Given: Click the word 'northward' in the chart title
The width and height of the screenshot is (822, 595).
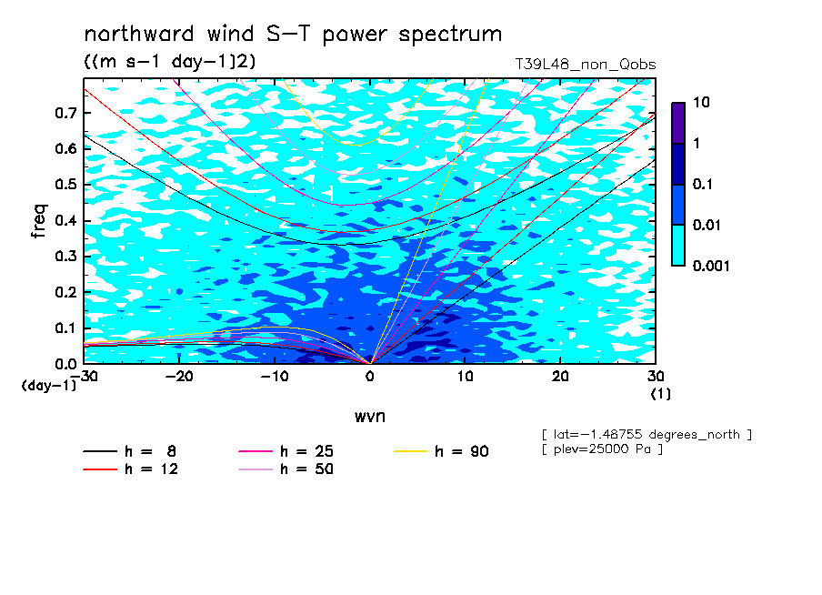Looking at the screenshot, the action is (x=139, y=34).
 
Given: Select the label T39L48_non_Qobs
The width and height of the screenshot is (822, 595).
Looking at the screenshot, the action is (x=585, y=65).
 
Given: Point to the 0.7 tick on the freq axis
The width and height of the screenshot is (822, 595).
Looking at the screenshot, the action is (x=65, y=113).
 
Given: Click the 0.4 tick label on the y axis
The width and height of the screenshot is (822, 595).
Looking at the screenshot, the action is (x=65, y=220).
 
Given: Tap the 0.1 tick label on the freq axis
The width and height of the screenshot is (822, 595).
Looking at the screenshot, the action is (x=65, y=328).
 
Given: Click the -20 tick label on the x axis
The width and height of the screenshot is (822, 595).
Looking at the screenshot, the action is (x=179, y=377).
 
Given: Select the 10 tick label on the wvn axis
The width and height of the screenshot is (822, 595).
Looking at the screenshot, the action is (x=465, y=377).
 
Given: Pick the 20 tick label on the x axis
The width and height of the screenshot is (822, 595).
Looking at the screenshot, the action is (x=560, y=377).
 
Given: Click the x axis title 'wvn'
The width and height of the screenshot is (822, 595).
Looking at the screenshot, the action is (x=369, y=417).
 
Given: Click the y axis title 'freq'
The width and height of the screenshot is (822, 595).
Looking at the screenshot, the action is (x=39, y=221).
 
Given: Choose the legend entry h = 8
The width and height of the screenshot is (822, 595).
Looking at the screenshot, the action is (x=129, y=451).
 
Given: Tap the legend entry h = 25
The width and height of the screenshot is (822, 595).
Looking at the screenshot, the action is (x=286, y=451).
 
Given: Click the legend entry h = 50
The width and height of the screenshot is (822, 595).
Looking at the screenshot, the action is (x=286, y=469).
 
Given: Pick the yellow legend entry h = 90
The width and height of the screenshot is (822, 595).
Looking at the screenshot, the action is (x=441, y=451).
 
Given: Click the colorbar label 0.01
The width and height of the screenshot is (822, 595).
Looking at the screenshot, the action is (x=707, y=225).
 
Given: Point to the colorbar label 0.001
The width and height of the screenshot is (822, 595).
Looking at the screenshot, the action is (x=711, y=266).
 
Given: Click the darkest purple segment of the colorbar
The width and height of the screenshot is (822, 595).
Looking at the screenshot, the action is (x=678, y=123).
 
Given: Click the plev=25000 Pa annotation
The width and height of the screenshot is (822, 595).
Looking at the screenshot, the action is (x=602, y=449).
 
